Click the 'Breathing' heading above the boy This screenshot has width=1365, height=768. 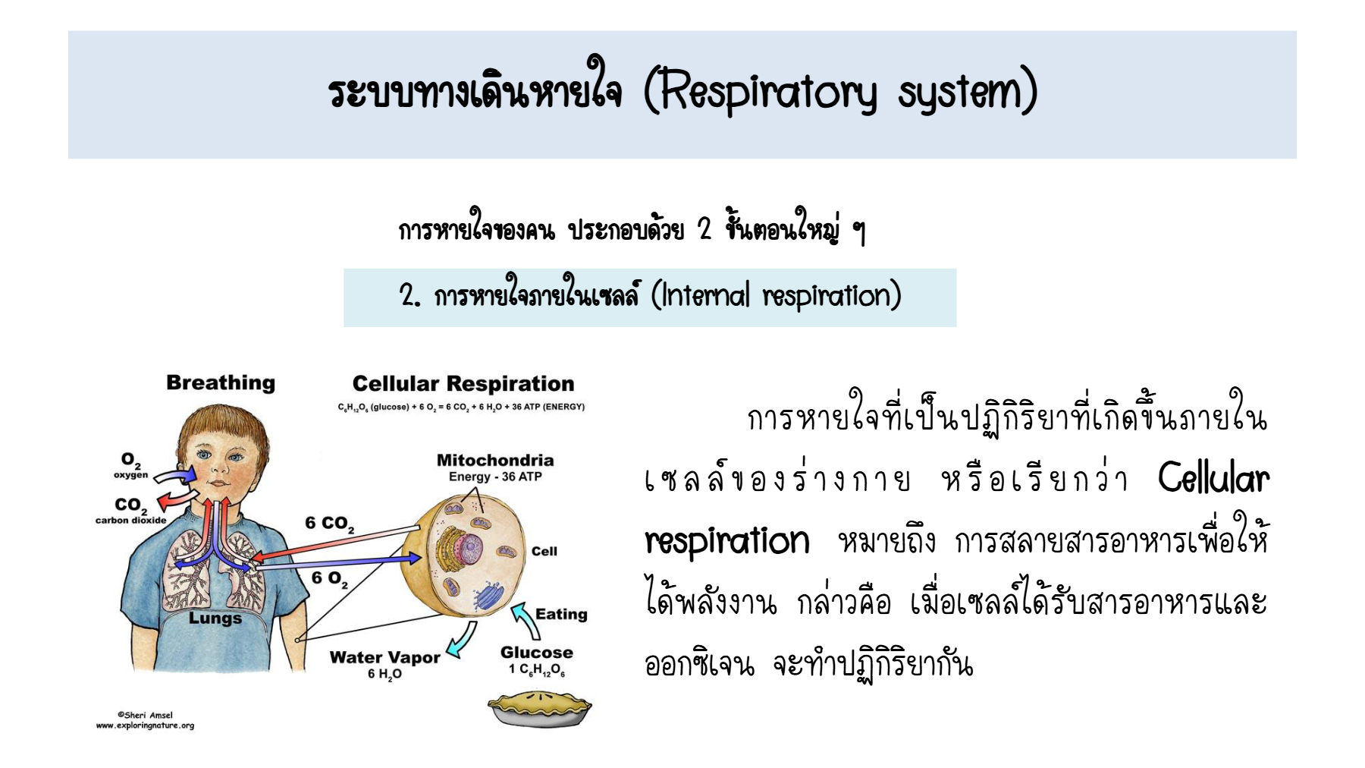pos(221,383)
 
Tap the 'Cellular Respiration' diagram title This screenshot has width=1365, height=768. pos(463,384)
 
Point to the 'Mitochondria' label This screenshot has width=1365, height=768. pos(495,460)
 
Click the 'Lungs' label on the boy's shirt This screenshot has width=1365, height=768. pos(215,618)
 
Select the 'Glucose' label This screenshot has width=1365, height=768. pos(537,653)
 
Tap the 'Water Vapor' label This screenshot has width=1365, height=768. pos(384,657)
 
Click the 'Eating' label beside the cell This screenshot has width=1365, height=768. pos(561,614)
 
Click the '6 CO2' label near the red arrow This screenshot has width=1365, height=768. pos(330,524)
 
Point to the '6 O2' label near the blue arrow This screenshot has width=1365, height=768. pos(330,579)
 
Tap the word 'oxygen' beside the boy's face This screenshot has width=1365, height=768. pos(131,475)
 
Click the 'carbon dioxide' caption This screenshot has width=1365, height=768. pos(130,521)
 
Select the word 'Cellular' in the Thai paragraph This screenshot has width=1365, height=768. pos(1213,478)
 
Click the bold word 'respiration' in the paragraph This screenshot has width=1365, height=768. pos(727,541)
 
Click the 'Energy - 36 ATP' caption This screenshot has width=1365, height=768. pos(495,477)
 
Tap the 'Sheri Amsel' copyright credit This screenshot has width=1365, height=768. pos(145,715)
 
